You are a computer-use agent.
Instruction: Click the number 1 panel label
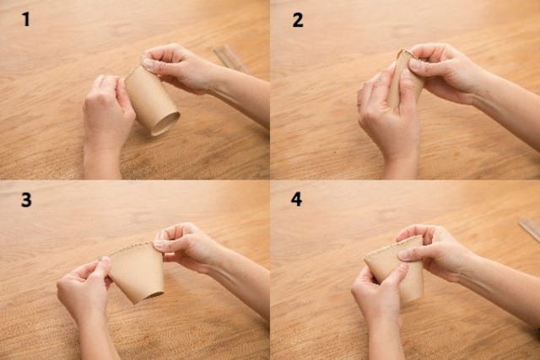click(26, 19)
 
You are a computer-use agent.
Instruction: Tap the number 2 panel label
click(298, 20)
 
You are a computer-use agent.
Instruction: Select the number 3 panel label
click(26, 200)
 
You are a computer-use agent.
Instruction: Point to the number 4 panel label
click(296, 199)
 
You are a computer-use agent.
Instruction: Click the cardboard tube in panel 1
click(152, 99)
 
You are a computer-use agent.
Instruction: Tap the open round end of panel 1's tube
click(165, 123)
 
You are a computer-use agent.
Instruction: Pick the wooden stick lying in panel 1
click(231, 59)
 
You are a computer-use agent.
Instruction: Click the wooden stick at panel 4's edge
click(530, 228)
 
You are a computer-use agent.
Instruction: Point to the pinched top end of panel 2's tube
click(406, 54)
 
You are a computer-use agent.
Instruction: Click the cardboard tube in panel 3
click(137, 271)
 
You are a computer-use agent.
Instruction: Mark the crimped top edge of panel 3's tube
click(131, 248)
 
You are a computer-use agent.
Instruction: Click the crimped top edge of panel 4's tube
click(392, 246)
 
